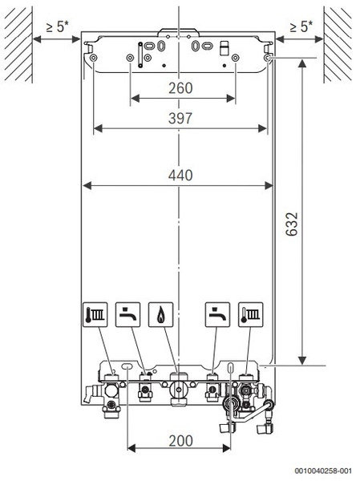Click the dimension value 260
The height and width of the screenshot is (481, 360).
[180, 88]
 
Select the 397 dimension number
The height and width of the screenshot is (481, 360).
[180, 119]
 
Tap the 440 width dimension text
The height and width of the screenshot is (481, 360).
[180, 175]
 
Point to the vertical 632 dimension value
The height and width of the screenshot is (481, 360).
[292, 224]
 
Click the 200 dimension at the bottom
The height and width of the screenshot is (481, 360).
[180, 441]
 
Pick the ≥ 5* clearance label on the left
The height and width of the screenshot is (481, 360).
[57, 26]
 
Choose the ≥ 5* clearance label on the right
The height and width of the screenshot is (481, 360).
[301, 26]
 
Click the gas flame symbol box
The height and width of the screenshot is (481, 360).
[161, 315]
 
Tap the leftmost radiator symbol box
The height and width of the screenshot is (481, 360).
[95, 315]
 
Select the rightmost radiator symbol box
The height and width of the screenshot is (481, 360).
[251, 315]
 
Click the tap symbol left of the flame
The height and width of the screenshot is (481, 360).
[128, 315]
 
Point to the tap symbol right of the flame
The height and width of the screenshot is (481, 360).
[217, 315]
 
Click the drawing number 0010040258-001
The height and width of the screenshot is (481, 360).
[323, 471]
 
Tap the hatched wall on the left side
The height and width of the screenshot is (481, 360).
[18, 45]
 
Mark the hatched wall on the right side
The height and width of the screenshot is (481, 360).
[338, 45]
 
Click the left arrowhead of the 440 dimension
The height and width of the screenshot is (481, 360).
[87, 185]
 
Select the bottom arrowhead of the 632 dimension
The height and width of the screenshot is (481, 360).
[302, 361]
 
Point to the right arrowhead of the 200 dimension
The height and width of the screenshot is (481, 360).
[226, 448]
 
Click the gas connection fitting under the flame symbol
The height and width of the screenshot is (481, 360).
[178, 389]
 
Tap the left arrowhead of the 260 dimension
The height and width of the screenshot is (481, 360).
[135, 99]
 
